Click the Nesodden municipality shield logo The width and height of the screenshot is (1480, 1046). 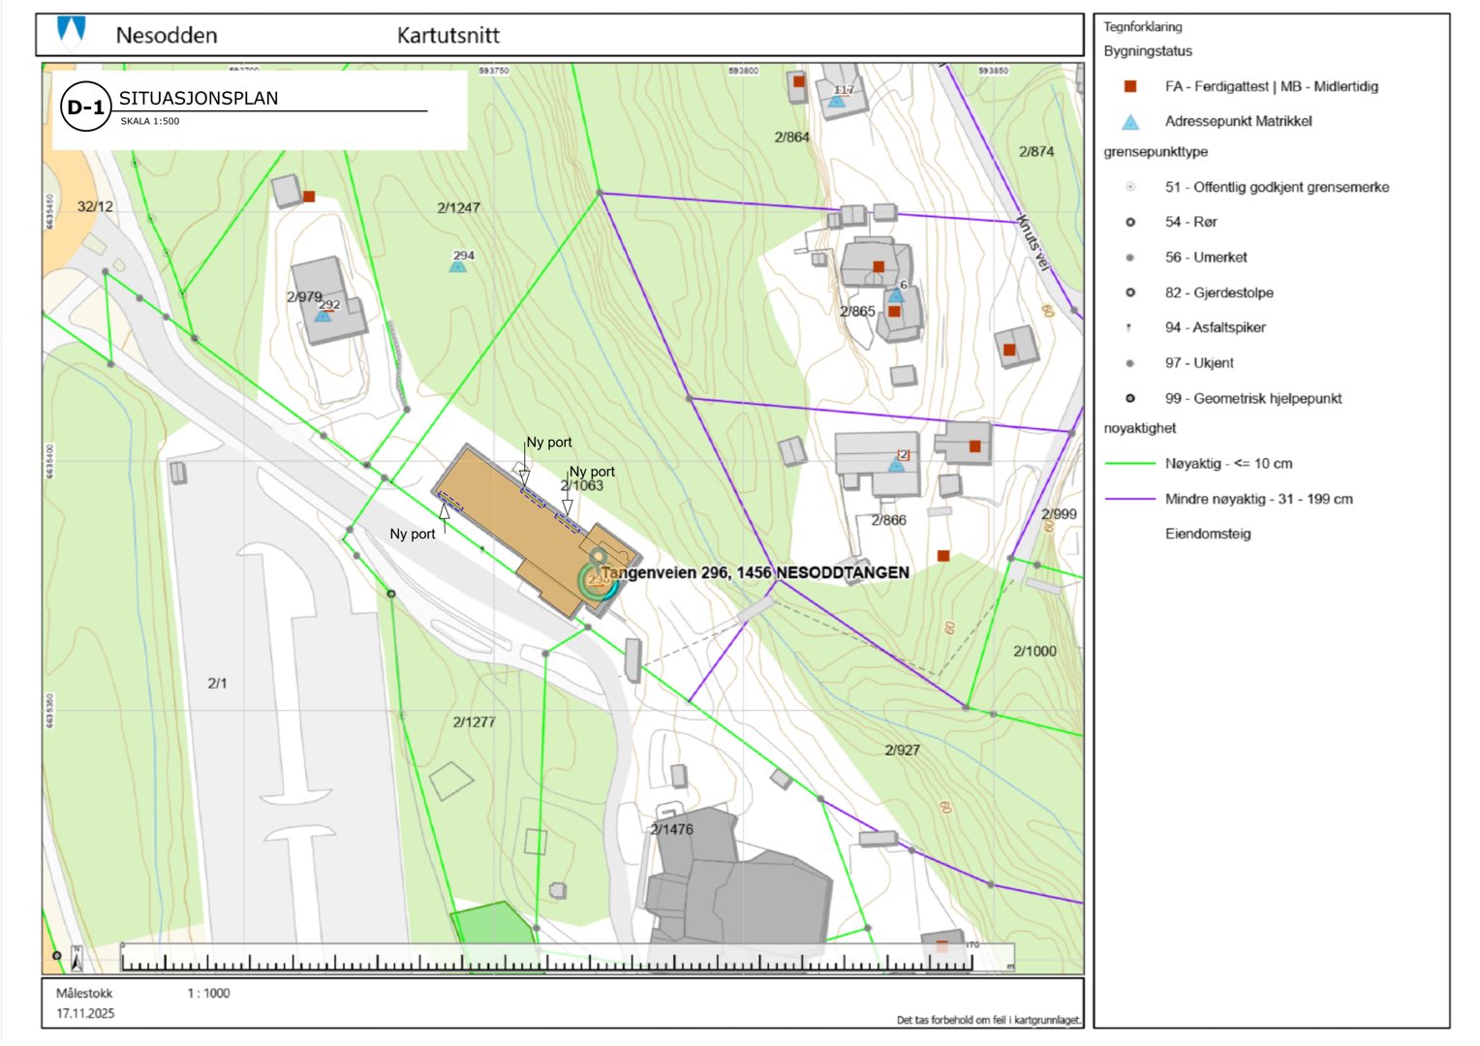tap(72, 32)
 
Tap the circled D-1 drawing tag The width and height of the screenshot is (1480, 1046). tap(85, 108)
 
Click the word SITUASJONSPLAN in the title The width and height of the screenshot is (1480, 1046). tap(198, 98)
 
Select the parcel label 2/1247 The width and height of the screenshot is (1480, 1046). tap(458, 207)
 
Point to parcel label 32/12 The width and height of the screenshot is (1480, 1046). tap(95, 206)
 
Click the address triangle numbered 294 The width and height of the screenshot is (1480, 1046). tap(458, 264)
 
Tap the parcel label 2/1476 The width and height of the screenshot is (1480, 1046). tap(671, 829)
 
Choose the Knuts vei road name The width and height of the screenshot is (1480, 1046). tap(1033, 241)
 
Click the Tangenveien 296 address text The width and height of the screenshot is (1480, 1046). tap(755, 572)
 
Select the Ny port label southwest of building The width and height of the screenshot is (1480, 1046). tap(413, 534)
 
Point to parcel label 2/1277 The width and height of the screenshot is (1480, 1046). tap(474, 722)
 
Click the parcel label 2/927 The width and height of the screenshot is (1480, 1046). tap(902, 750)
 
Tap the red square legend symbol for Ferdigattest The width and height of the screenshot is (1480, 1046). tap(1129, 86)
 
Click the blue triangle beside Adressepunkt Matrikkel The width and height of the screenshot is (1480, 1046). tap(1129, 122)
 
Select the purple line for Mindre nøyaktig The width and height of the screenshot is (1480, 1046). tap(1129, 499)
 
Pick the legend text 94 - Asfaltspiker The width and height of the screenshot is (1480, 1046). tap(1228, 327)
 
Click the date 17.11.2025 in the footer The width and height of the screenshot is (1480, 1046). tap(85, 1013)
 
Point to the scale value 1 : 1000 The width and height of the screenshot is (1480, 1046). tap(208, 993)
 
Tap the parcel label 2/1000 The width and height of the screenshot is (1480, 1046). tap(1034, 651)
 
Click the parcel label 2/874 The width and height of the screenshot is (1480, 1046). tap(1036, 151)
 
